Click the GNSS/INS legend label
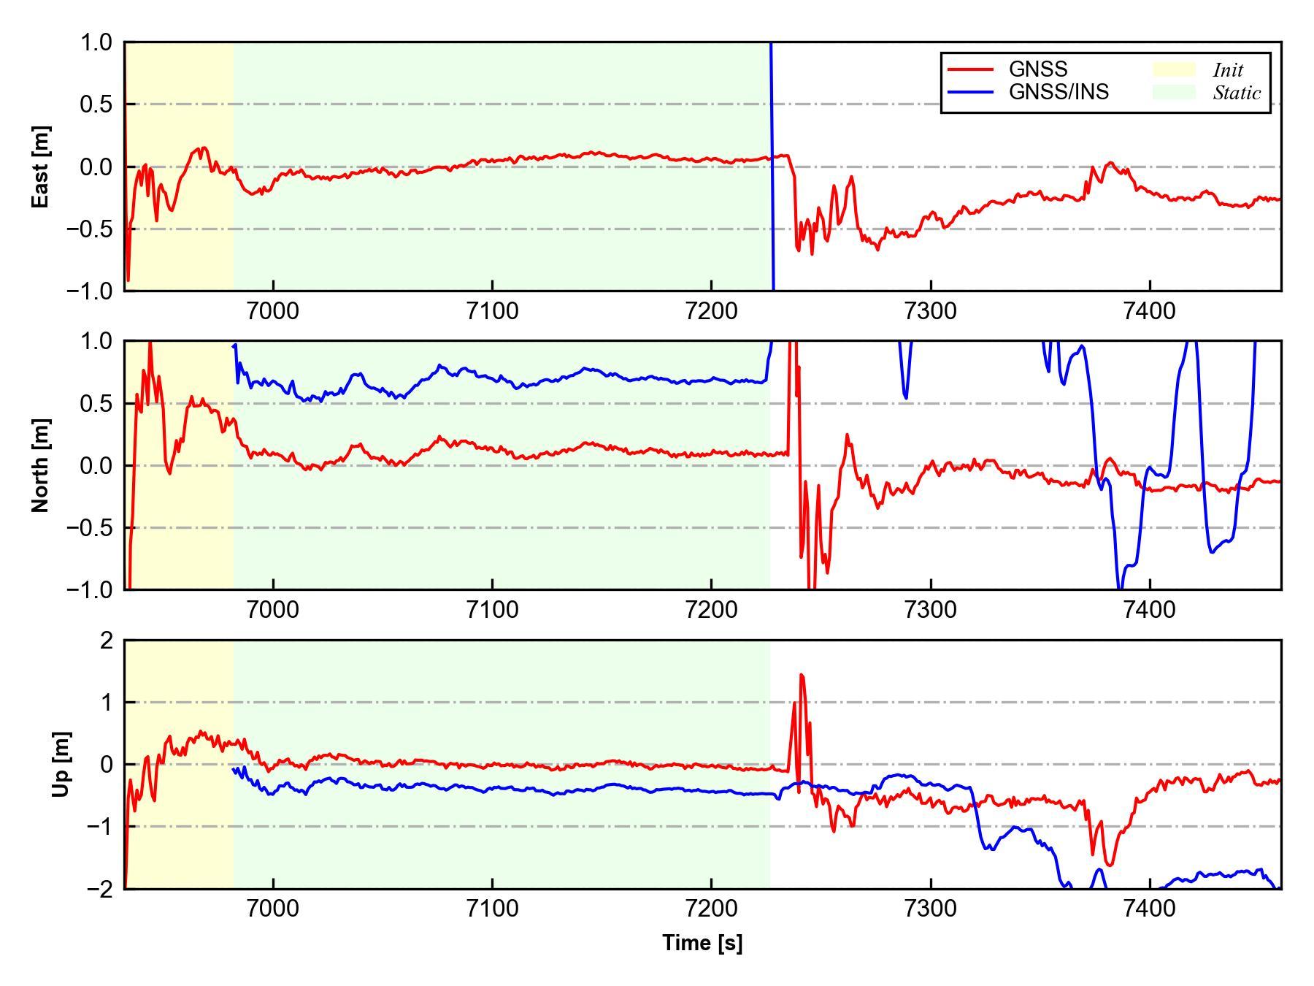point(1058,92)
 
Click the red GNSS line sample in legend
point(970,69)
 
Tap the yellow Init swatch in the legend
point(1174,69)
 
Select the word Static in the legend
point(1237,93)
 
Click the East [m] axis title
point(41,167)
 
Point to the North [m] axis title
point(41,465)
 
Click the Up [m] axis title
point(61,764)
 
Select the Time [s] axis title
point(702,943)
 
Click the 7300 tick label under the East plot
point(931,311)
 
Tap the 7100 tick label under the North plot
point(492,609)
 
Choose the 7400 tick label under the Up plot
point(1150,909)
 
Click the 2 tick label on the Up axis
point(107,641)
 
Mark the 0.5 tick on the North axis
point(97,403)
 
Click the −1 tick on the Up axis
point(100,827)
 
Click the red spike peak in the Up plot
point(801,675)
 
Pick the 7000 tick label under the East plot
point(273,311)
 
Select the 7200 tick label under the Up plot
point(711,909)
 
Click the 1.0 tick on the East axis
point(97,43)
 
